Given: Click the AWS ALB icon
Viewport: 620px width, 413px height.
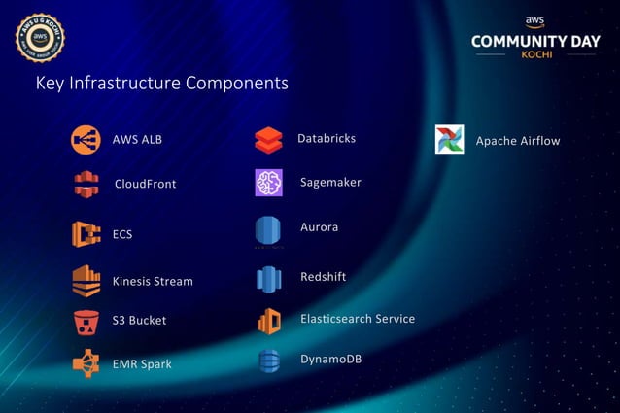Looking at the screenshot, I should pos(86,140).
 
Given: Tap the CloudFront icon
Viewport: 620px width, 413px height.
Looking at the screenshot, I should pos(86,184).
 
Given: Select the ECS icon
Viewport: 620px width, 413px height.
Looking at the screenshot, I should pos(86,234).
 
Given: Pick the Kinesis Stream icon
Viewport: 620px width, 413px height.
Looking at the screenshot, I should pos(86,280).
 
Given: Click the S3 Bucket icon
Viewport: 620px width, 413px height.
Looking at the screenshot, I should pos(86,321).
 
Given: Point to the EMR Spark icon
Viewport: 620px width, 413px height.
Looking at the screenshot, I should pos(86,363).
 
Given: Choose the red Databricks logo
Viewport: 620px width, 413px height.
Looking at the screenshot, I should pos(268,140).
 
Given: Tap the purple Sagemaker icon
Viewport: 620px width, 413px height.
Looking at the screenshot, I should pos(268,183).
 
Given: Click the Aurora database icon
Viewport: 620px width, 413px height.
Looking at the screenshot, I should pos(268,231).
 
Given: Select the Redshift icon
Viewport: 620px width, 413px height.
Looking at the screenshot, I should pos(268,280).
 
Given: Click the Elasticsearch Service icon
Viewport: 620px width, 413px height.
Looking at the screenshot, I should pos(268,321).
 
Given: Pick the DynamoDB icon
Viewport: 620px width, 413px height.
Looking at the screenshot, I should pos(268,361).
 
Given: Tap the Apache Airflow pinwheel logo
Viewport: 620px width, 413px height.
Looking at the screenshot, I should pos(450,140).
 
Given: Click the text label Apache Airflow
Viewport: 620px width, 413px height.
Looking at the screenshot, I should pos(517,141).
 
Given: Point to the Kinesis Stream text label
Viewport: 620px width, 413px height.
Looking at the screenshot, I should pos(153,282).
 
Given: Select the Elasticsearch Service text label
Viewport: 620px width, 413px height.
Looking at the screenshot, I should pos(357,319).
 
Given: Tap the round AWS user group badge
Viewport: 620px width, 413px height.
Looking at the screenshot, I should pos(40,37).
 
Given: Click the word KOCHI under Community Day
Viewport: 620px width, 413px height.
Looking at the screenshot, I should pos(534,53).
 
